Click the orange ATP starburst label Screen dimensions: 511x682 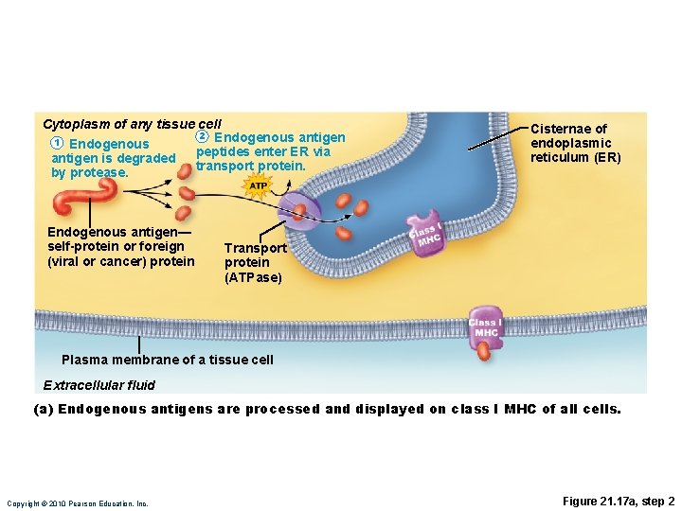pos(258,186)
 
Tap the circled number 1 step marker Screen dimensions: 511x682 pos(57,143)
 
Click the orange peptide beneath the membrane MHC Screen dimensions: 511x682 pos(485,351)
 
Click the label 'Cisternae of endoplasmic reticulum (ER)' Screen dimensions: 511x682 pos(575,143)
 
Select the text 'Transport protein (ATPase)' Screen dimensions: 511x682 pos(254,263)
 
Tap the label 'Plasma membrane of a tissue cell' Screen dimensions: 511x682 pos(167,360)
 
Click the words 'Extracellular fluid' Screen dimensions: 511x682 pos(99,385)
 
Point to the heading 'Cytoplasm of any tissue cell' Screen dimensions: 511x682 pos(132,124)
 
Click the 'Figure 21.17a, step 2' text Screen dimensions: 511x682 pos(619,501)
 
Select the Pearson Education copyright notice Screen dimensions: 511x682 pos(78,503)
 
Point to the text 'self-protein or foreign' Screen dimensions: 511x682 pos(116,247)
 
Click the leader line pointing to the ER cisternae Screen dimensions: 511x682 pos(499,135)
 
